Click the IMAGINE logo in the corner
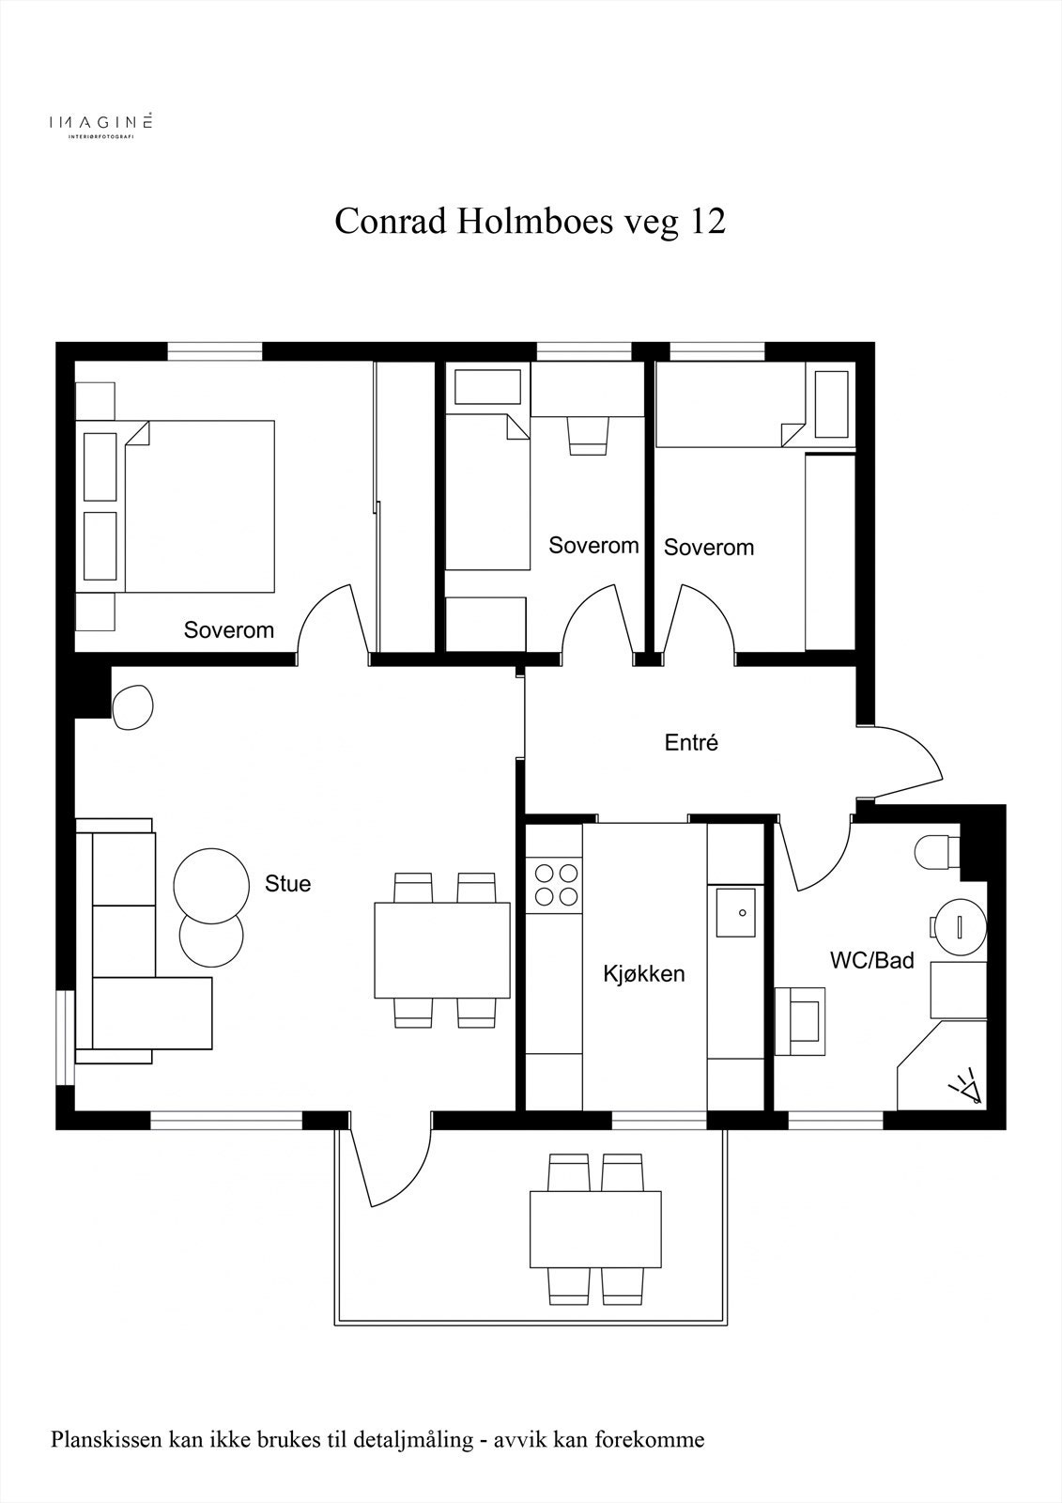(x=100, y=123)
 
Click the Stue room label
(x=288, y=884)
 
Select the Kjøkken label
(x=644, y=973)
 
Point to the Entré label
(x=691, y=742)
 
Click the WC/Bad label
(x=872, y=960)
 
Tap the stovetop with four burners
(x=553, y=885)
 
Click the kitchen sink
(x=735, y=912)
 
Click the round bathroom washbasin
(x=960, y=927)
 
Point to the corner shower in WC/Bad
(x=942, y=1066)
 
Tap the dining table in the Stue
(x=442, y=950)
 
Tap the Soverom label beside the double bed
(x=229, y=630)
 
